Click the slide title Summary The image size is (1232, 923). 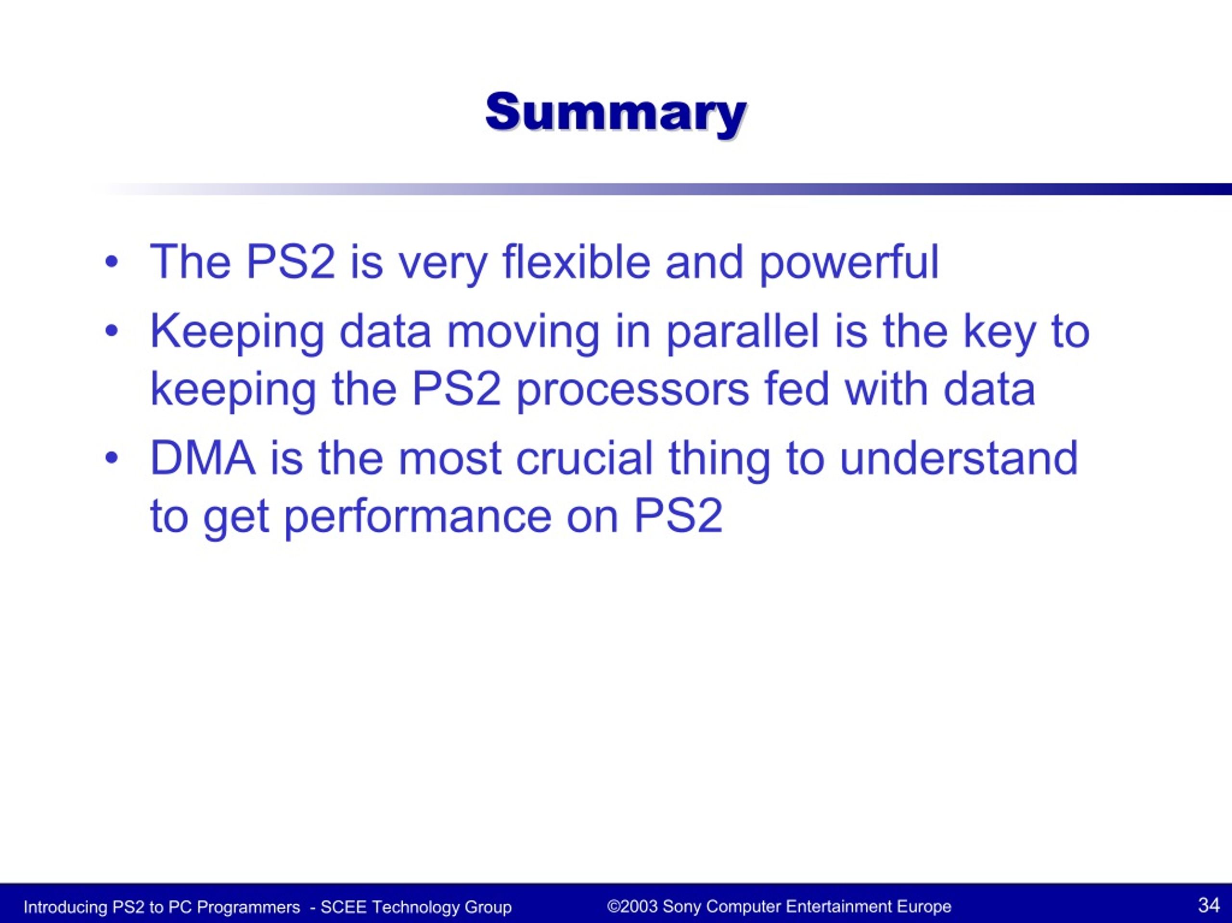616,114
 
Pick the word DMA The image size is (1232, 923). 203,458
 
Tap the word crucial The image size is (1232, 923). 584,457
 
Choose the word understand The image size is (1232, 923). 959,457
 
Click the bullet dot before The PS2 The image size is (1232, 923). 112,262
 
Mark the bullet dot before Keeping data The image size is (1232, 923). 112,331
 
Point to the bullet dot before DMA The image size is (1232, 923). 112,458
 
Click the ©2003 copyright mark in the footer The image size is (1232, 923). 632,906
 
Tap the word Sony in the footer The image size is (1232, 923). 682,906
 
